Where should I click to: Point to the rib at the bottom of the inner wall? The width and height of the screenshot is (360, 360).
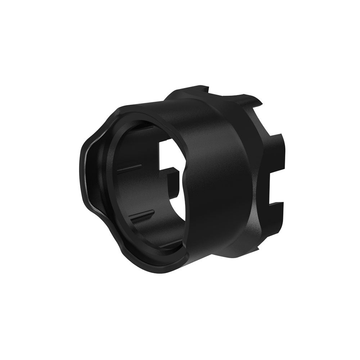click(169, 245)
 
